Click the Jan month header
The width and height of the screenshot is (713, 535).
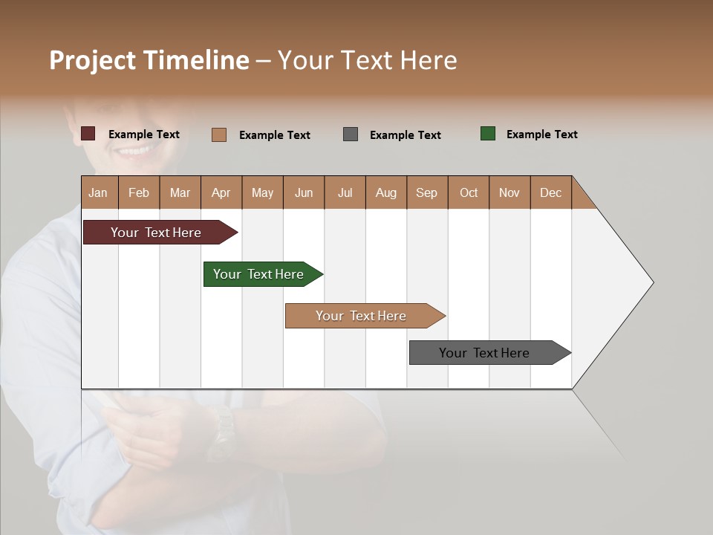click(x=98, y=192)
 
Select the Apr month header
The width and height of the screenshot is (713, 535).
click(x=221, y=192)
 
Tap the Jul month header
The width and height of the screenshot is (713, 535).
click(x=345, y=192)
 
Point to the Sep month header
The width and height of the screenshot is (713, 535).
click(x=426, y=192)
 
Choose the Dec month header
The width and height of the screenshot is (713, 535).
click(x=550, y=192)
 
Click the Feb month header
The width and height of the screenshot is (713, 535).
click(x=139, y=192)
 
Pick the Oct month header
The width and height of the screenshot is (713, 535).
click(x=469, y=192)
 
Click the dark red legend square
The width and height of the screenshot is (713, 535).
click(x=88, y=134)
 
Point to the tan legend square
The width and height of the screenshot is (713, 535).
click(x=219, y=134)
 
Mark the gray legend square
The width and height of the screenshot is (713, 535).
click(x=351, y=134)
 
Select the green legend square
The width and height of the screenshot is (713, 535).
click(x=488, y=134)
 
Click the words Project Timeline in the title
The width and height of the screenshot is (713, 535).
click(x=149, y=60)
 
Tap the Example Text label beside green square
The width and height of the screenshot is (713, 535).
click(x=541, y=134)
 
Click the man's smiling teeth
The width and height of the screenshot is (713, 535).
click(x=134, y=151)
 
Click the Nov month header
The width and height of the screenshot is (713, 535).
click(x=509, y=192)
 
